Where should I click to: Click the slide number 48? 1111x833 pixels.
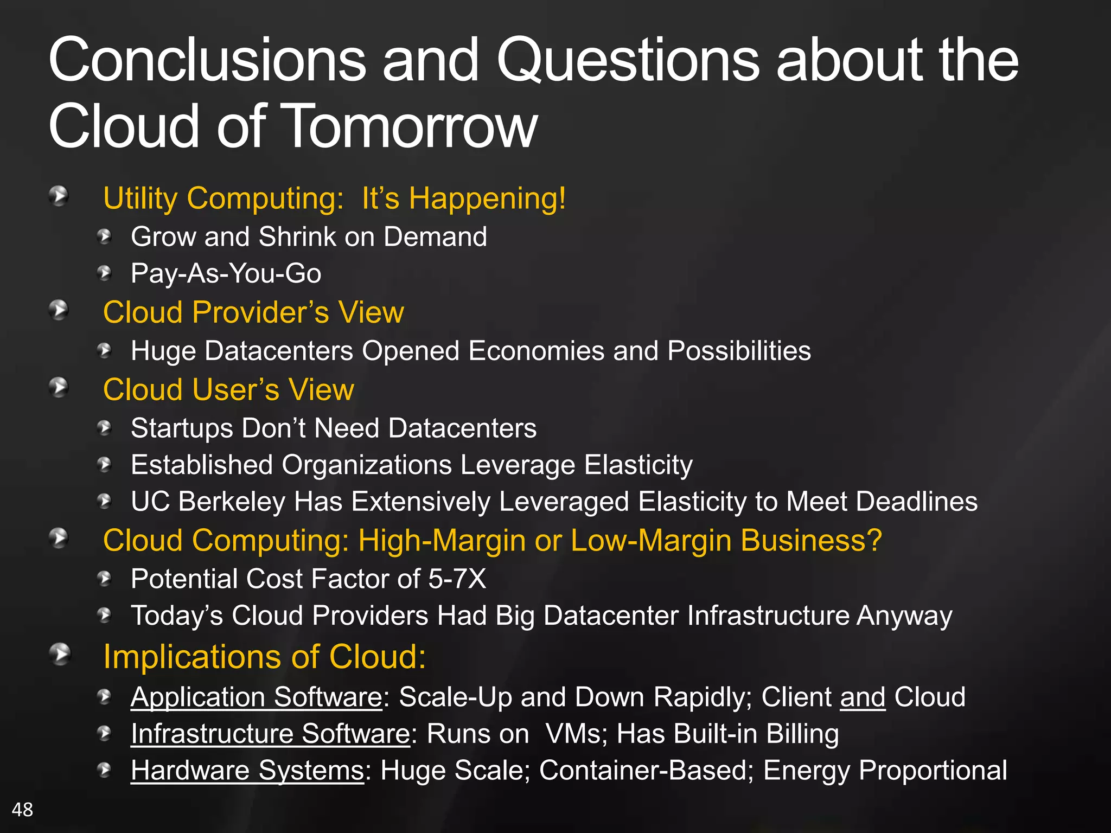[x=22, y=809]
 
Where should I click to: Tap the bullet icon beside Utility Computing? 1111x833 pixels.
[x=59, y=196]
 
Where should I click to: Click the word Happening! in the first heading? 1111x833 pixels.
[x=487, y=198]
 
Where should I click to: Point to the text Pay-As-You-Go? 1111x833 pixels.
[x=226, y=273]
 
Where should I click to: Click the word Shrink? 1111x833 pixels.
[x=297, y=237]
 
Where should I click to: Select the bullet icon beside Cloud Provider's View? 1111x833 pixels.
[x=59, y=310]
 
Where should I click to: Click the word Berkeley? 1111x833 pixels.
[x=231, y=502]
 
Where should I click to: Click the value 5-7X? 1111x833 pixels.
[x=457, y=579]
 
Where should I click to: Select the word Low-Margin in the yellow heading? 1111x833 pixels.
[x=651, y=541]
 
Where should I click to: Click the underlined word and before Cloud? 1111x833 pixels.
[x=863, y=697]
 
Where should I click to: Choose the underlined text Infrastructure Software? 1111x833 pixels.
[x=270, y=734]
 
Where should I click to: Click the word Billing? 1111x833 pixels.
[x=802, y=734]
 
